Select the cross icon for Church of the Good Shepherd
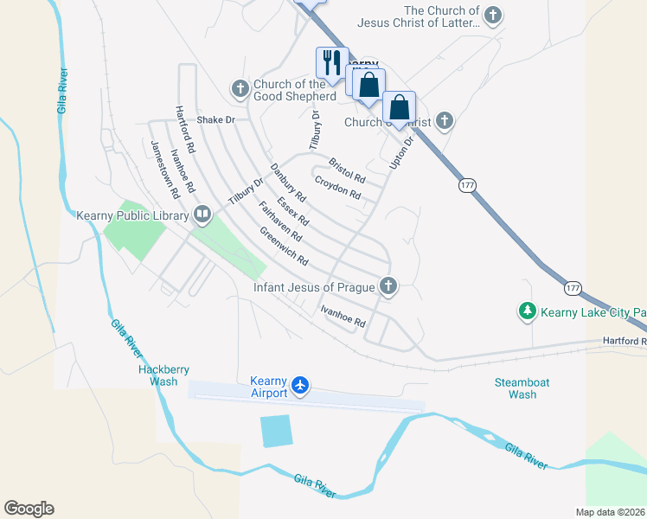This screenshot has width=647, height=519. pos(240,88)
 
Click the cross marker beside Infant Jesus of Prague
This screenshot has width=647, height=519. pos(388,285)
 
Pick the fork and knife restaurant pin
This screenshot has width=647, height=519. pos(329,61)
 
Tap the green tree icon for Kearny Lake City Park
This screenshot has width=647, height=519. pos(526,311)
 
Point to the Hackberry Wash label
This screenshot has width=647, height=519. pos(163,375)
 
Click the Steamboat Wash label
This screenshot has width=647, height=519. pos(522,388)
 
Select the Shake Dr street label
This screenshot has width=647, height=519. pos(215,120)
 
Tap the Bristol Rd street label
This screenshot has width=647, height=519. pos(347,170)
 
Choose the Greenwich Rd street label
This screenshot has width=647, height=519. pos(284,247)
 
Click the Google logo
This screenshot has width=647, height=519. pos(29,509)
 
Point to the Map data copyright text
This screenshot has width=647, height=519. pos(609,512)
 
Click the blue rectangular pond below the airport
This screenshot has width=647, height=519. pos(276,431)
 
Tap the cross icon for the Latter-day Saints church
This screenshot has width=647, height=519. pos(492,15)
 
